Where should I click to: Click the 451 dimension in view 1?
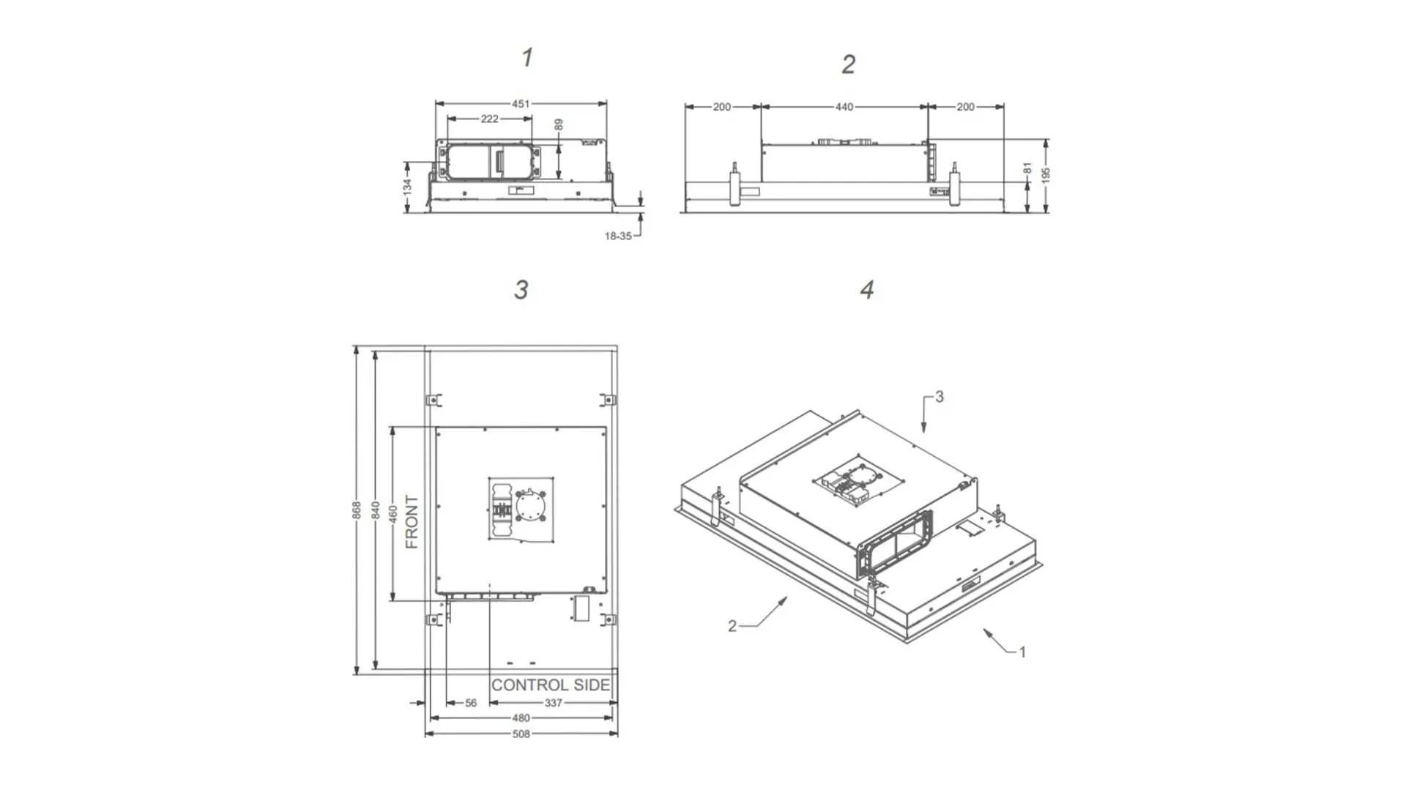tap(521, 104)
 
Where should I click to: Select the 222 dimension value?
tap(489, 119)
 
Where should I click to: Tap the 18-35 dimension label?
tap(617, 236)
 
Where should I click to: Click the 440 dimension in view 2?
tap(844, 107)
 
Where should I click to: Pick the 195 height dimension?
tap(1046, 176)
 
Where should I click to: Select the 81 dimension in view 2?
tap(1027, 169)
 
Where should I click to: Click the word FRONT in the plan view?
tap(412, 521)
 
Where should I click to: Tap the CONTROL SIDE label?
tap(550, 685)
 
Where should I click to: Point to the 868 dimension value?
tap(357, 510)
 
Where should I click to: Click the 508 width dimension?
tap(521, 734)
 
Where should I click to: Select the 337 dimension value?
tap(553, 703)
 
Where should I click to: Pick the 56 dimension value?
tap(471, 703)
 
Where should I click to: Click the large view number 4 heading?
tap(867, 290)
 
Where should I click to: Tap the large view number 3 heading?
tap(521, 290)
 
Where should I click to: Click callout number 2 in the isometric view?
tap(732, 626)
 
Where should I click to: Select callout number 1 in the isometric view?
tap(1022, 652)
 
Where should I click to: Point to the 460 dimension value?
tap(393, 514)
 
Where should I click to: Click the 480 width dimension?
tap(521, 718)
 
